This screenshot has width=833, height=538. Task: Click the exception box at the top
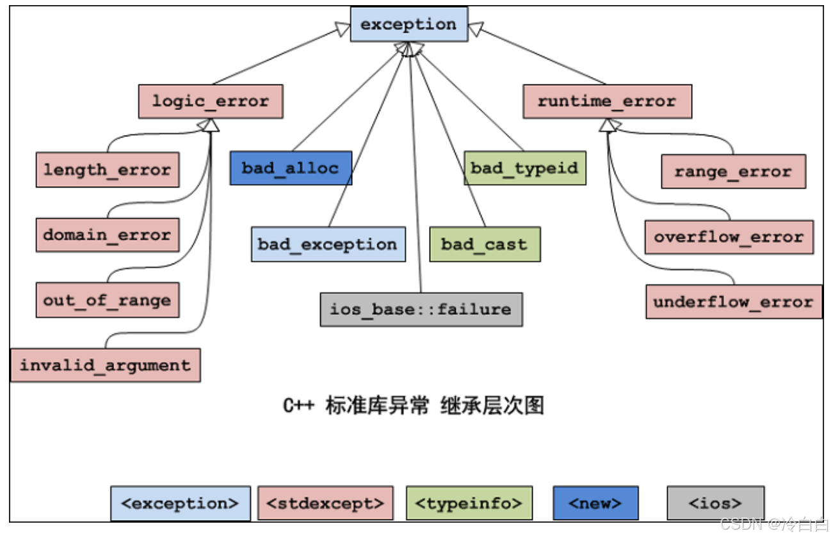(x=408, y=25)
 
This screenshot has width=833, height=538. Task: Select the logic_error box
(x=211, y=102)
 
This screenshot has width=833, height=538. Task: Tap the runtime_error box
(x=607, y=102)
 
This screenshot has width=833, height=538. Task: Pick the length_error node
(x=108, y=170)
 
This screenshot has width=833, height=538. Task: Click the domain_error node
(x=108, y=235)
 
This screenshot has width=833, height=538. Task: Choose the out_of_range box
(x=108, y=300)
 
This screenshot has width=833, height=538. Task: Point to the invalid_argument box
(x=106, y=365)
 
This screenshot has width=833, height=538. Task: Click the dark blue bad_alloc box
(x=291, y=168)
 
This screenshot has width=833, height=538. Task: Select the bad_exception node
(x=328, y=244)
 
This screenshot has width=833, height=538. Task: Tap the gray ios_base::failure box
(x=421, y=310)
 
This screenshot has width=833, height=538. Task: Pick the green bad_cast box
(x=485, y=244)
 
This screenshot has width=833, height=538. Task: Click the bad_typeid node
(x=524, y=168)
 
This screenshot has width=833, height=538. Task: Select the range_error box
(x=733, y=171)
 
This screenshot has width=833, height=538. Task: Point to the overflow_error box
(x=729, y=237)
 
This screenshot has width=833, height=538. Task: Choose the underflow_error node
(x=734, y=302)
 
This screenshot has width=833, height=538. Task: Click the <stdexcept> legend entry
(x=325, y=503)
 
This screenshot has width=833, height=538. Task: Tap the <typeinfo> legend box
(x=469, y=503)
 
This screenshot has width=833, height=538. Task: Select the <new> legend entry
(x=595, y=503)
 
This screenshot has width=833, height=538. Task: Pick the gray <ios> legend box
(x=715, y=503)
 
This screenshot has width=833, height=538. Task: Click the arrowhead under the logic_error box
(x=212, y=125)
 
